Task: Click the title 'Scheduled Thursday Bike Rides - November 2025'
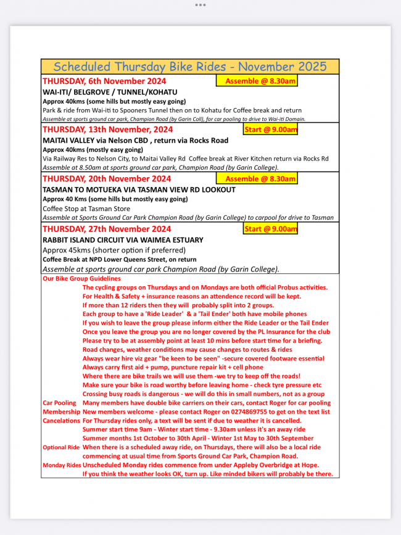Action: click(190, 67)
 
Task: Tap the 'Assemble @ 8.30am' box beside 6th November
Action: click(260, 81)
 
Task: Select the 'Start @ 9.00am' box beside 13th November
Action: click(270, 130)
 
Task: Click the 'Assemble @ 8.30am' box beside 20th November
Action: click(260, 179)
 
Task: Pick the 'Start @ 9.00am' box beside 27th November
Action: click(270, 229)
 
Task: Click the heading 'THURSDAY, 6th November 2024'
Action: click(104, 81)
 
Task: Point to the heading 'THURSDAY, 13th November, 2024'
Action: click(107, 130)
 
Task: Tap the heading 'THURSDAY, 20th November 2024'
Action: click(106, 179)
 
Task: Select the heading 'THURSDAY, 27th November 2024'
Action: click(107, 229)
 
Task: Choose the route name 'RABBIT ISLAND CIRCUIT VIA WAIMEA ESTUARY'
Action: click(123, 239)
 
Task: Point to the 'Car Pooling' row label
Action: click(59, 403)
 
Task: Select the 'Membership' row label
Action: click(61, 412)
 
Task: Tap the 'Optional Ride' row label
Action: click(61, 447)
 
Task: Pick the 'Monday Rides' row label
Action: click(61, 465)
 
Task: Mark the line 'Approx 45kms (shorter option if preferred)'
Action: click(114, 250)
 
